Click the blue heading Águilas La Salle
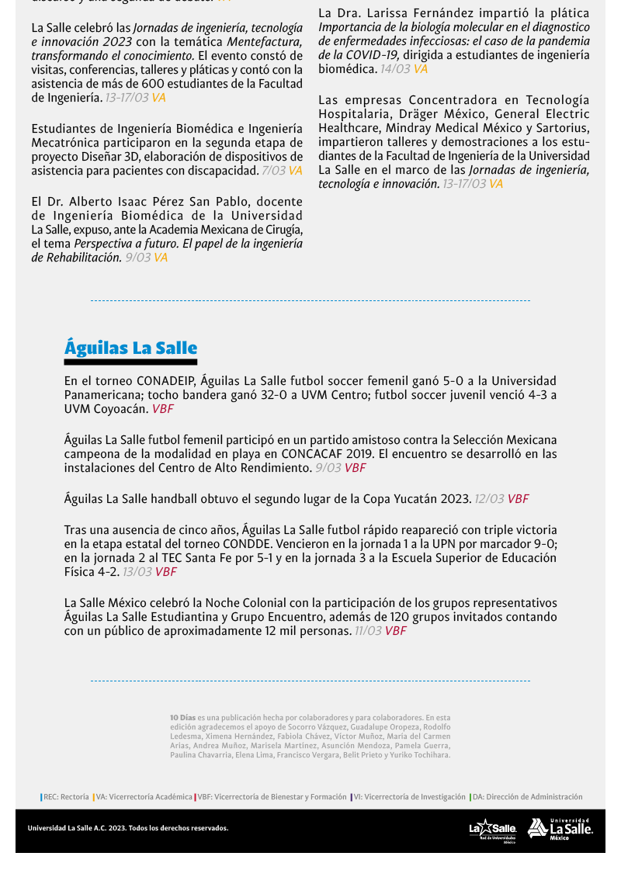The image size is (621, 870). point(130,348)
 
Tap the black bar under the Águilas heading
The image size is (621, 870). point(130,362)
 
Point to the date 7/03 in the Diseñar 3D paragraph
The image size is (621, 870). point(273,171)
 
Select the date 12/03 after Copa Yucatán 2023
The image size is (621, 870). point(489,499)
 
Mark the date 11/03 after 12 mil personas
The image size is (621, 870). point(368,631)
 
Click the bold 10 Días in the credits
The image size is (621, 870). point(183,718)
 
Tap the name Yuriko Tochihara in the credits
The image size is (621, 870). point(422,754)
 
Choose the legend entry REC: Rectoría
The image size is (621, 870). point(65,797)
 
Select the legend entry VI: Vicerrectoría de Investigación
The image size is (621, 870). point(409,797)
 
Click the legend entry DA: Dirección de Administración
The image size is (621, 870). point(527,797)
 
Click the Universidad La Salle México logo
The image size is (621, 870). point(560,829)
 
